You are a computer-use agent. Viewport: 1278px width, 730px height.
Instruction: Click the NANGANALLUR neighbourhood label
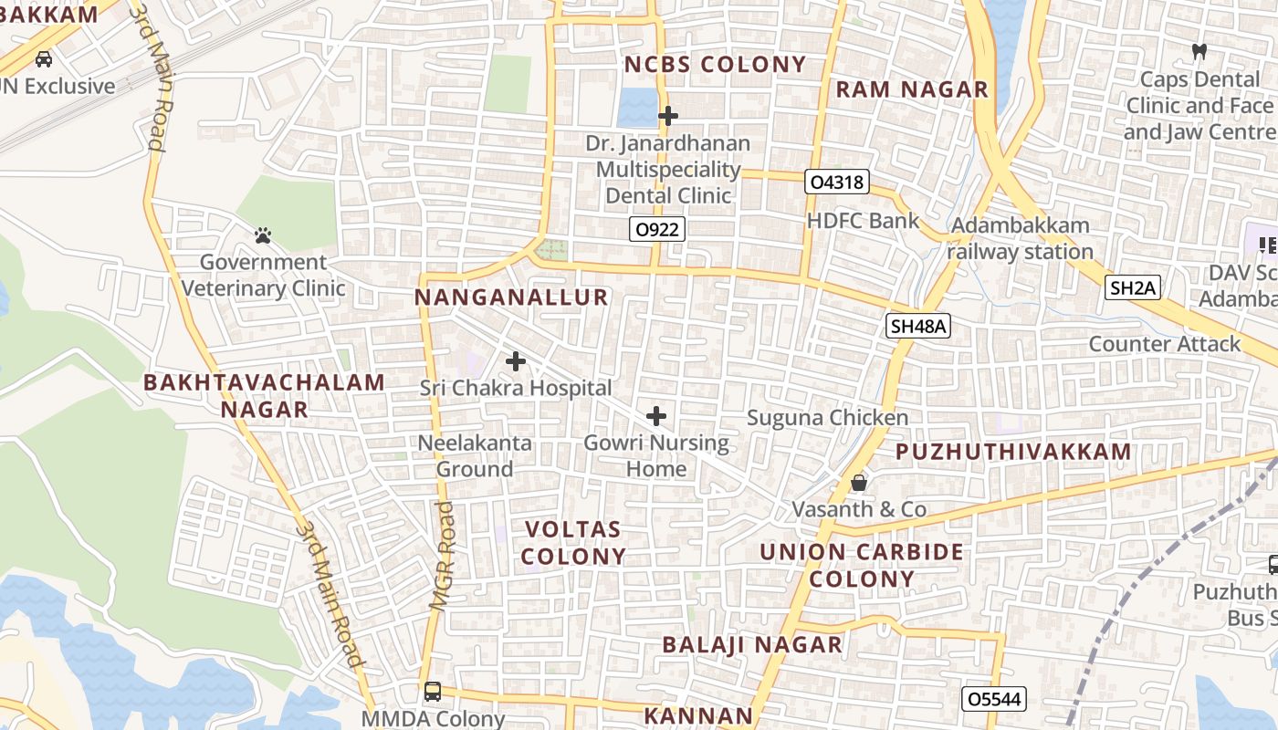coord(511,297)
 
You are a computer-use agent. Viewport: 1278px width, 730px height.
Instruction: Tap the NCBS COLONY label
coord(715,64)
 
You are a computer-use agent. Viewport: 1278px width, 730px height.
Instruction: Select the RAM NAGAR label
coord(912,89)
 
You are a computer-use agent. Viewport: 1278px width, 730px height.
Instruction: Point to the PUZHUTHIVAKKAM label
coord(1013,452)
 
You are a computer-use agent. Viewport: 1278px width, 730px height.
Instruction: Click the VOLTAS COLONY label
coord(573,542)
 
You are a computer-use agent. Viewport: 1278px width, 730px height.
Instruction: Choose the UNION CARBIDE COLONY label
coord(862,565)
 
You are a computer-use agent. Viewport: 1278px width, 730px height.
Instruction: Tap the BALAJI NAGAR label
coord(752,643)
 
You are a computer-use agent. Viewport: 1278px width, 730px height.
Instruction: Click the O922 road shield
coord(657,229)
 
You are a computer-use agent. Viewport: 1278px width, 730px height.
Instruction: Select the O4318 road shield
coord(835,182)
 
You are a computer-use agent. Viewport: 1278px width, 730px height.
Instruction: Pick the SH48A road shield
coord(918,326)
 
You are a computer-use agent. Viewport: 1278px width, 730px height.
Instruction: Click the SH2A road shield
coord(1132,288)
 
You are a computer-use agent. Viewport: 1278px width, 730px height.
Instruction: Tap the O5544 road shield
coord(995,699)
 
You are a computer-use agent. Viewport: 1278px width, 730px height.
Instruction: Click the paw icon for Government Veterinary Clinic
coord(264,235)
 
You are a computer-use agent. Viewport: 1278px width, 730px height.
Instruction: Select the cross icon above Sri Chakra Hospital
coord(516,361)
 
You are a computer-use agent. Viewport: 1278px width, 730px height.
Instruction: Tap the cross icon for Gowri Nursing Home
coord(656,417)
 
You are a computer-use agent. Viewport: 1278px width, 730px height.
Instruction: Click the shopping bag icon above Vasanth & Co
coord(859,482)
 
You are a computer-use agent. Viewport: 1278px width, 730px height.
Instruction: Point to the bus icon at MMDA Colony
coord(433,691)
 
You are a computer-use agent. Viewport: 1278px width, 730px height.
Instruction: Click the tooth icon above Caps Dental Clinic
coord(1200,52)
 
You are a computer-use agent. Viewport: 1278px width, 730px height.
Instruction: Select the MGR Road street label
coord(442,555)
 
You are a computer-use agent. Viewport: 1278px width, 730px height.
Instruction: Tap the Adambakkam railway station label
coord(1020,238)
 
